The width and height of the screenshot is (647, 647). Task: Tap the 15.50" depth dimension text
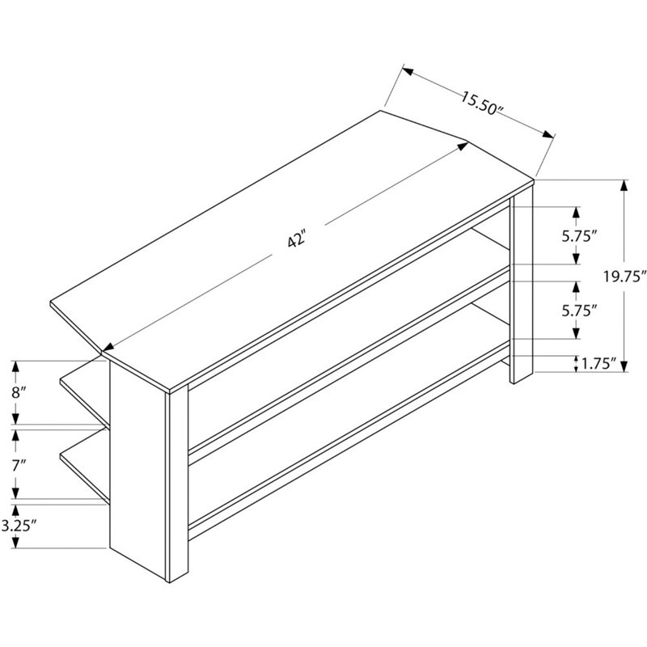(x=482, y=104)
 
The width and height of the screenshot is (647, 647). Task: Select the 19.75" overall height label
(x=624, y=276)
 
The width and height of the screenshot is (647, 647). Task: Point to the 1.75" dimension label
(x=598, y=363)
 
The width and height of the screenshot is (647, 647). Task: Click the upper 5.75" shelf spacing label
(x=579, y=236)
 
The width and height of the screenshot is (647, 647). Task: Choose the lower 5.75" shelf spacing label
(x=579, y=311)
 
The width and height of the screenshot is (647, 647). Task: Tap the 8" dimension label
(x=19, y=392)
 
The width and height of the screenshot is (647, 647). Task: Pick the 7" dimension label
(x=19, y=467)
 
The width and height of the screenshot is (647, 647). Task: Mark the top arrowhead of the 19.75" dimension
(x=624, y=185)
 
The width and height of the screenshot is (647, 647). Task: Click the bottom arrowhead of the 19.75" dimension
(x=624, y=366)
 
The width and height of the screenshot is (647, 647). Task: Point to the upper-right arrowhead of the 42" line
(x=463, y=146)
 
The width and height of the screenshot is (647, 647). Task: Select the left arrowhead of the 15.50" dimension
(x=408, y=71)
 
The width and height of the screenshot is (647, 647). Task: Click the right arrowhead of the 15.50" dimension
(x=548, y=134)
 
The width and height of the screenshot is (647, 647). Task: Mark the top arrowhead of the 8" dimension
(x=15, y=366)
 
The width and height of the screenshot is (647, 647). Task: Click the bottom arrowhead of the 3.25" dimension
(x=15, y=543)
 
